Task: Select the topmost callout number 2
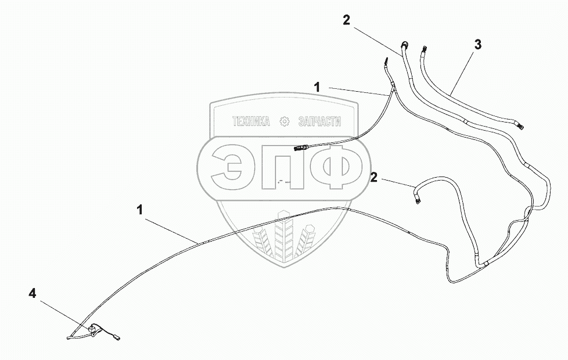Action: (x=346, y=20)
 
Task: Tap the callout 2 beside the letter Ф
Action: (x=375, y=177)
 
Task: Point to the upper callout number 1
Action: (x=317, y=87)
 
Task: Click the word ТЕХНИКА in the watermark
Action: (x=251, y=122)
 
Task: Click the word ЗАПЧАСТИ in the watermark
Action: (x=318, y=122)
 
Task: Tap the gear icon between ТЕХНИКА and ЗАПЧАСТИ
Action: (x=285, y=121)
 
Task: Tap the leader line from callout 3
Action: (x=461, y=73)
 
